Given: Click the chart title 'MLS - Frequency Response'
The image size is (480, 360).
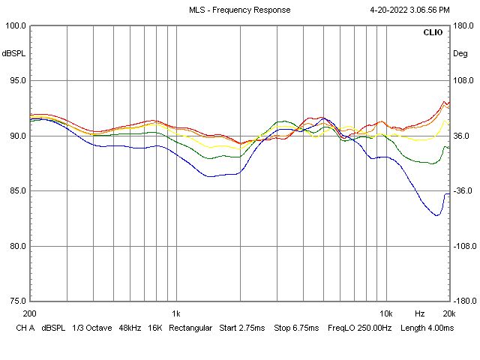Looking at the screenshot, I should tap(239, 10).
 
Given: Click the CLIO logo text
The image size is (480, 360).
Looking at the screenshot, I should tap(433, 33).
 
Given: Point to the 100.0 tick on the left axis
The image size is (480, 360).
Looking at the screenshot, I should tap(16, 25).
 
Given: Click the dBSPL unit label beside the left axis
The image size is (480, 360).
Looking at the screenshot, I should tap(13, 54).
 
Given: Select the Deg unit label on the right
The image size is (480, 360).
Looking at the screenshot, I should tap(460, 54).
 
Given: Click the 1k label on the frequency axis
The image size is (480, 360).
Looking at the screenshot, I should tap(176, 313).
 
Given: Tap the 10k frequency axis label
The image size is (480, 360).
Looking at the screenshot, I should tap(386, 313).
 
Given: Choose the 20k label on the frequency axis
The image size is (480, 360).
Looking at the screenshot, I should tap(448, 313).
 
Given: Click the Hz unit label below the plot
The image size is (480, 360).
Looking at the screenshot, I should tap(420, 313).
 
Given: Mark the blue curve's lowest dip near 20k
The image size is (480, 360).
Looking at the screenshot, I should tap(436, 215).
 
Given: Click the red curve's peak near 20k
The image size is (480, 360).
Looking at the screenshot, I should tap(444, 101).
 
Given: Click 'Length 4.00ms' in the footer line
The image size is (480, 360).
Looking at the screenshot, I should tap(427, 328).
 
